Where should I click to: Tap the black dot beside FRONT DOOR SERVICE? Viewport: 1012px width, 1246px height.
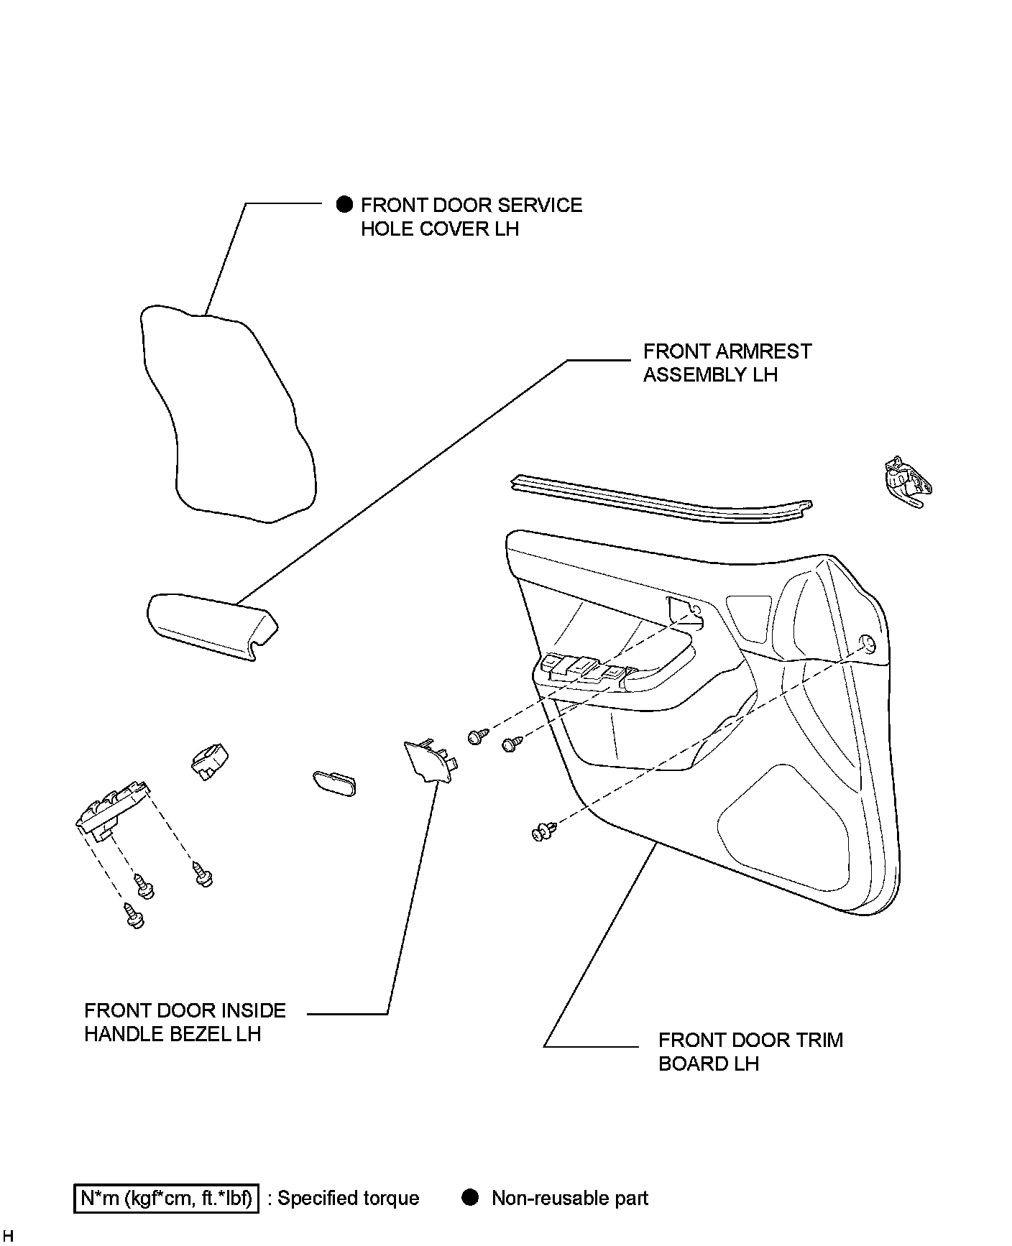click(x=344, y=205)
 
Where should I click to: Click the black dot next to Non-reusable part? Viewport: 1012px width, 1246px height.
click(x=470, y=1197)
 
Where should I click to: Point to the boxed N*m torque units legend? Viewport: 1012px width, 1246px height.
click(x=166, y=1198)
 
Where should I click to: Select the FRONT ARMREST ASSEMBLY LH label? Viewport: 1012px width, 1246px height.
click(x=727, y=363)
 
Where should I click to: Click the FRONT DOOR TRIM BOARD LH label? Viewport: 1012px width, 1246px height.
click(x=750, y=1052)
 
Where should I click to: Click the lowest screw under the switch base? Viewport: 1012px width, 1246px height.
click(x=134, y=915)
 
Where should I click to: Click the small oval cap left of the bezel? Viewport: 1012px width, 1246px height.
click(x=334, y=783)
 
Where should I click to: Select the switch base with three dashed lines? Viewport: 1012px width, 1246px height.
click(x=111, y=808)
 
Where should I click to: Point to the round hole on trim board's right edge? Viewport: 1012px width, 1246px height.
click(x=868, y=643)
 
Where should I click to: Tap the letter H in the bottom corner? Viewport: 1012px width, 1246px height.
click(x=8, y=1235)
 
